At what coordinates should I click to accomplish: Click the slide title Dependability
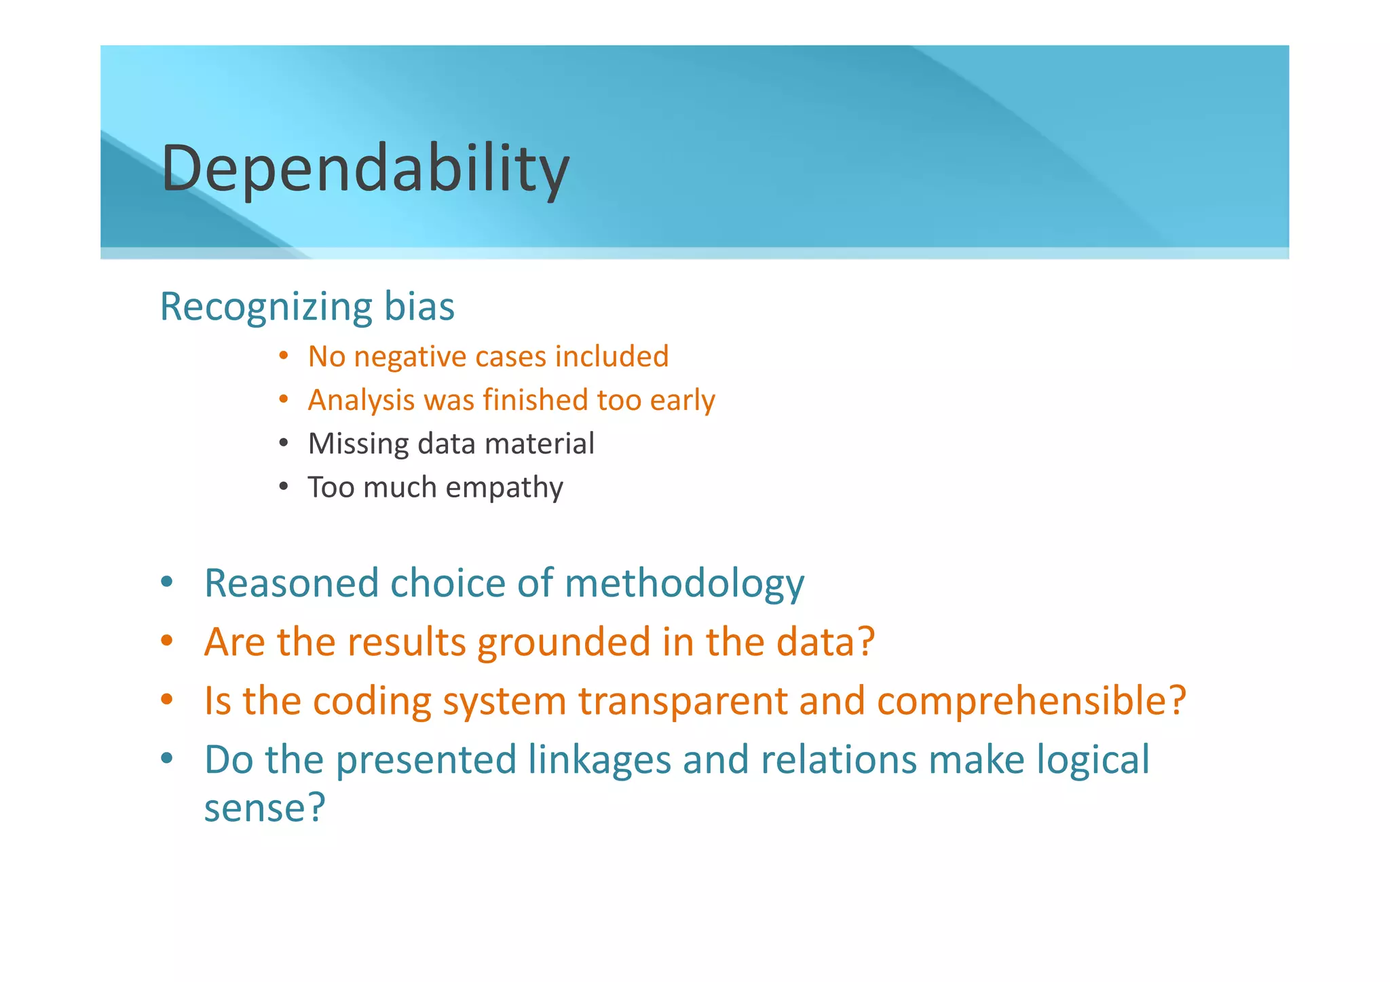tap(365, 168)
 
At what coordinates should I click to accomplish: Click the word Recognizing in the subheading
tap(265, 307)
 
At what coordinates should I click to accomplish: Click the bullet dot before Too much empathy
tap(284, 487)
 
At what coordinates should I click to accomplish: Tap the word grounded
tap(564, 643)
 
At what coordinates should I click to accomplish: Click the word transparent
tap(683, 702)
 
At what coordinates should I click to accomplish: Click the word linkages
tap(599, 760)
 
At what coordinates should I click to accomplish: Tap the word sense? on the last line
tap(265, 809)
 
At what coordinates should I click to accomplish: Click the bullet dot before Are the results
tap(167, 641)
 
